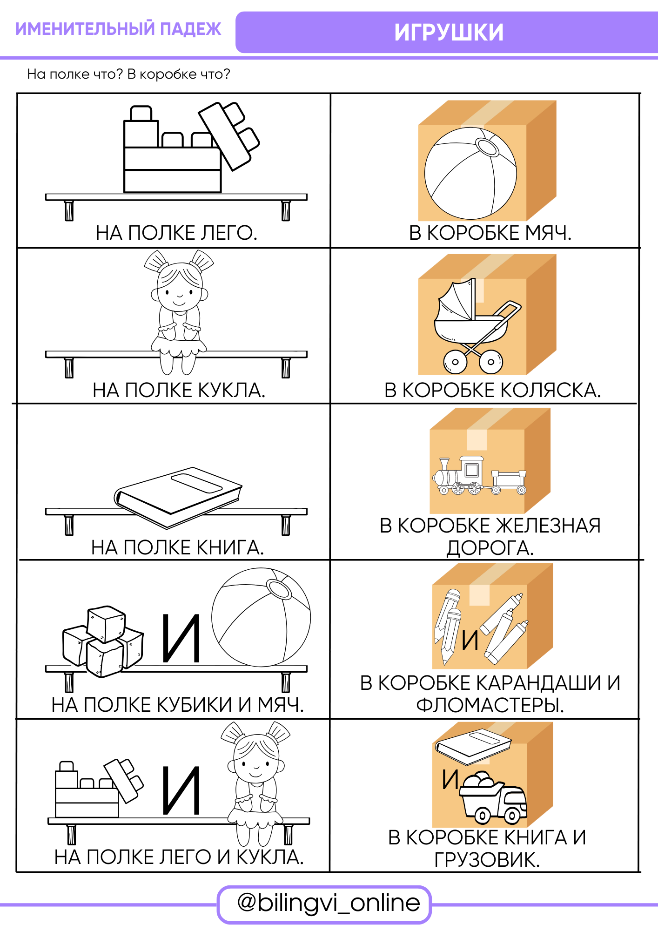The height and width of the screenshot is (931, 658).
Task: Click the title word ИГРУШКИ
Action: tap(449, 33)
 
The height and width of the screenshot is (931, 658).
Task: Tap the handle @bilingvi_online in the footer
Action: tap(329, 903)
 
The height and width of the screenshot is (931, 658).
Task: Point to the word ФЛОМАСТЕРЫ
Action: tap(490, 705)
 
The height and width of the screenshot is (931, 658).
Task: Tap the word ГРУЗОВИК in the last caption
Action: tap(487, 860)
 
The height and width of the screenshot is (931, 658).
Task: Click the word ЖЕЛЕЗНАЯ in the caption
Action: tap(548, 526)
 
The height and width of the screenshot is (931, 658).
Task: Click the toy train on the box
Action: tap(480, 475)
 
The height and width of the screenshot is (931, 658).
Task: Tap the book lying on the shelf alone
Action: tap(178, 498)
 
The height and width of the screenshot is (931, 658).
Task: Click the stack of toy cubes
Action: tap(103, 641)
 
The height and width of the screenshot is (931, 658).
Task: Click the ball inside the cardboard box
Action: tap(470, 173)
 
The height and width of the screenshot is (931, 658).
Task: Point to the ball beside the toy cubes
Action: tap(261, 617)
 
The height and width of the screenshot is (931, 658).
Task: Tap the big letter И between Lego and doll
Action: tap(181, 791)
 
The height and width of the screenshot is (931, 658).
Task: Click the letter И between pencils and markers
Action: tap(470, 641)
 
